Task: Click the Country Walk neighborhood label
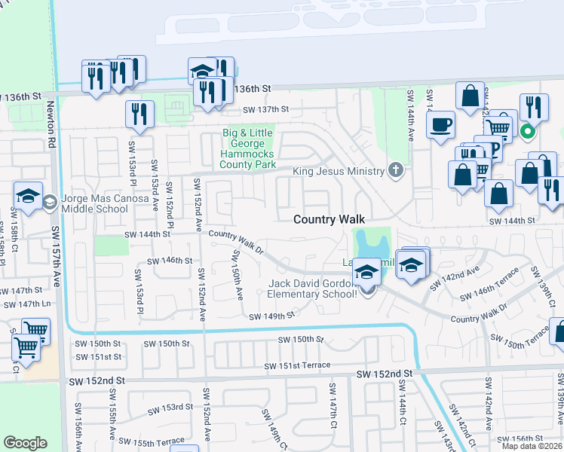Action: pos(329,218)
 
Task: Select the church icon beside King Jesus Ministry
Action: pos(396,169)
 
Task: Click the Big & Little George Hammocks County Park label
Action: pos(247,148)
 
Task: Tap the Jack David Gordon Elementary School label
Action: pos(313,289)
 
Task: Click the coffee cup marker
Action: pos(440,124)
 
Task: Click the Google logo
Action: pos(25,442)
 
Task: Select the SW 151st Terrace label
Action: pos(297,365)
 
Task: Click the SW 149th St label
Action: pos(271,316)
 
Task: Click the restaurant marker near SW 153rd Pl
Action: pos(139,115)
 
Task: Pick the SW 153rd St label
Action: pos(170,408)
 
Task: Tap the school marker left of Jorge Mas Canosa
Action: pos(28,198)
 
